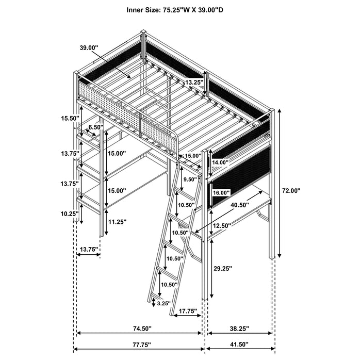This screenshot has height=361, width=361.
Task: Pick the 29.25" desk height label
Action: [222, 269]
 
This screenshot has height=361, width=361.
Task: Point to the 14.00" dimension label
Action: [220, 162]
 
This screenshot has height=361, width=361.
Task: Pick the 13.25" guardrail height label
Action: [194, 82]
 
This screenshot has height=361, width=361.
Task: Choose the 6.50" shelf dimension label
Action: [94, 127]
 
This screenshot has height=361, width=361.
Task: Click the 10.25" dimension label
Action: [68, 214]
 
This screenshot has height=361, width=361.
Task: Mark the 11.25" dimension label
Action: [117, 223]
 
